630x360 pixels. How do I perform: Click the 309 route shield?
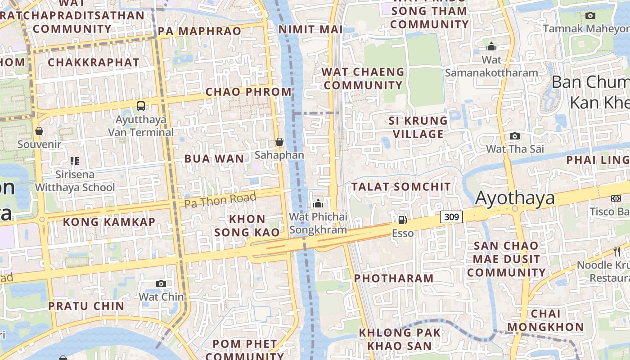pos(451,217)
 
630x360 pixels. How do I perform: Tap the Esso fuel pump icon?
pos(402,220)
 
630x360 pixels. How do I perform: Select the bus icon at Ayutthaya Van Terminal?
pos(141,106)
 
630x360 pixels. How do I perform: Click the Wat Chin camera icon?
pos(161,283)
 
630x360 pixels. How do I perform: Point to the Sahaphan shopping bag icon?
pos(279,142)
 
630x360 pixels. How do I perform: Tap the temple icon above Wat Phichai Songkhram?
pos(318,203)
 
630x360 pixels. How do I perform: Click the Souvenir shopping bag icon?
pos(39,131)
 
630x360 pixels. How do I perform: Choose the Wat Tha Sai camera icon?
pos(514,136)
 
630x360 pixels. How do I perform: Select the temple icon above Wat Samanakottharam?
pos(491,46)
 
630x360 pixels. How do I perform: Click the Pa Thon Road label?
pos(220,200)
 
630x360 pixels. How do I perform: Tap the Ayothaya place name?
pos(515,198)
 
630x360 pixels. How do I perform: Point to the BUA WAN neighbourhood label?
pos(214,158)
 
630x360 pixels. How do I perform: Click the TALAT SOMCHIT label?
pos(401,186)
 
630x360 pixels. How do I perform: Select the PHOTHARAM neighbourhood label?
pos(394,278)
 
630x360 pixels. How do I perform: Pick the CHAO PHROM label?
pos(249,92)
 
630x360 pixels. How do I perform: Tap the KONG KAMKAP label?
pos(109,222)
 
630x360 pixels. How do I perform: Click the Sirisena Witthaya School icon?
pos(75,161)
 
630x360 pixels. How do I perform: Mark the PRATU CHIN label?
pos(86,306)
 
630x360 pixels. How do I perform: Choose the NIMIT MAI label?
pos(310,30)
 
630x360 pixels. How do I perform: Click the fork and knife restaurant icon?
pos(617,252)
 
